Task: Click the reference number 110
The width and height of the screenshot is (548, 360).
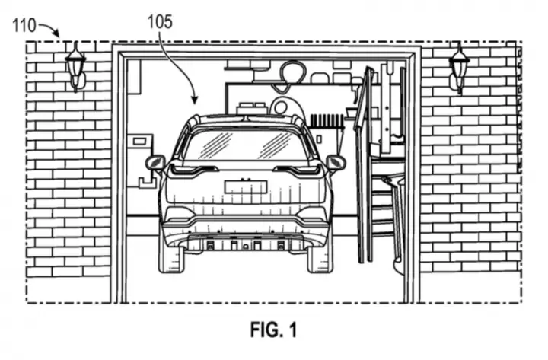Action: point(24,26)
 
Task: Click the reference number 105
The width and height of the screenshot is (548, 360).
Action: point(160,22)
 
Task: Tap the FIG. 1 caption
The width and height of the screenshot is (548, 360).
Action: point(273,330)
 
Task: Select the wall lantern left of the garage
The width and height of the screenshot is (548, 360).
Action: point(75,67)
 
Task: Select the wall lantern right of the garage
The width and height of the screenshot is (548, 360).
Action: point(459,68)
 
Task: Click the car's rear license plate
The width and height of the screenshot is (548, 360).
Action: point(246,186)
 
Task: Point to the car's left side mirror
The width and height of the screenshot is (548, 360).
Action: point(155,163)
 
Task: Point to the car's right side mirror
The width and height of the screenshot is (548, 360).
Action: point(335,162)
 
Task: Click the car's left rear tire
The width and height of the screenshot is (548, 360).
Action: point(171,260)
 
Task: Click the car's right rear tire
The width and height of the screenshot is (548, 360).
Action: point(319,260)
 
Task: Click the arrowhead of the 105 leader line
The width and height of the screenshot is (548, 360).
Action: point(195,100)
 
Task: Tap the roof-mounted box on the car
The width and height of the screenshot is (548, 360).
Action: point(253,108)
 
